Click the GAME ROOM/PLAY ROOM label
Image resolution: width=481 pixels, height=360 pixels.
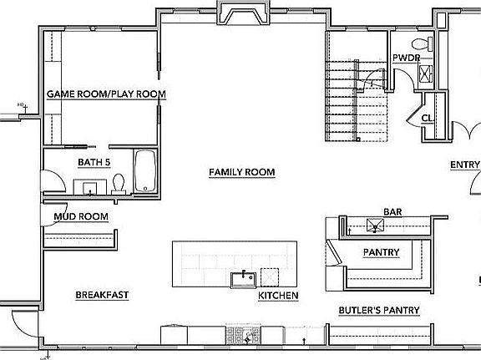[x=106, y=94]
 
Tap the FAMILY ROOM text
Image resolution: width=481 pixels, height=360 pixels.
[x=241, y=172]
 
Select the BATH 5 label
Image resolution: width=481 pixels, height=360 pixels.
[x=94, y=161]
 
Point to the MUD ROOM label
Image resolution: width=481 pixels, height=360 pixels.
[x=82, y=216]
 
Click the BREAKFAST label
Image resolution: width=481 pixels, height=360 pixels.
[x=102, y=295]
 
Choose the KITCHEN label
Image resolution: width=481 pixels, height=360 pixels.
[x=278, y=297]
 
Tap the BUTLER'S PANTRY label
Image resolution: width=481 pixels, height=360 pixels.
[x=378, y=311]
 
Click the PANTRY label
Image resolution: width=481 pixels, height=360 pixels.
[x=381, y=252]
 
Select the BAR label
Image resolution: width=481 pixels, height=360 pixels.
[x=392, y=212]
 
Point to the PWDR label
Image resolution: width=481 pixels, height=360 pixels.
[x=405, y=58]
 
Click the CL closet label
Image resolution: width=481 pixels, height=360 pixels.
[x=427, y=118]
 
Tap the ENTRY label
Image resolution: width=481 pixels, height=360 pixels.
[x=465, y=165]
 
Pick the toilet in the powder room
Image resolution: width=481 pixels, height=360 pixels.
[x=422, y=43]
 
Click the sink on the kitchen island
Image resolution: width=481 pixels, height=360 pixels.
[x=244, y=277]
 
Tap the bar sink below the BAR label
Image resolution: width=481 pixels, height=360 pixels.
[x=372, y=224]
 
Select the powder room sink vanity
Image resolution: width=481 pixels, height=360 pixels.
[x=425, y=73]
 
